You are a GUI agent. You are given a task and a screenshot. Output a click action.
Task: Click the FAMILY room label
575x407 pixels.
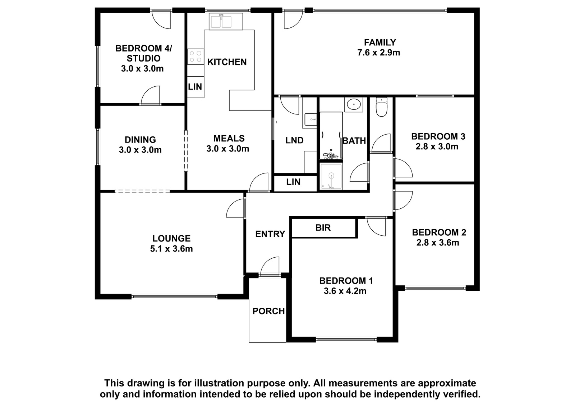(380, 42)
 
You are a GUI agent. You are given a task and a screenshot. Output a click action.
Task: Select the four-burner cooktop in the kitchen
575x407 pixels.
(195, 57)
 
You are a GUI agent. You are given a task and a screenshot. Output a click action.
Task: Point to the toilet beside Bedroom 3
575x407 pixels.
(381, 107)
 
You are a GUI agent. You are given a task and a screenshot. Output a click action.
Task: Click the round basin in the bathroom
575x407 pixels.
(354, 104)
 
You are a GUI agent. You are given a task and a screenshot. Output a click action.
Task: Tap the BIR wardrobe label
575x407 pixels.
(323, 227)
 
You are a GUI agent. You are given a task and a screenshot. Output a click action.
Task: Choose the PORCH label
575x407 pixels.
(268, 311)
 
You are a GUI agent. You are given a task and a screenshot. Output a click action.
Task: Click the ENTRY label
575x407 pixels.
(270, 234)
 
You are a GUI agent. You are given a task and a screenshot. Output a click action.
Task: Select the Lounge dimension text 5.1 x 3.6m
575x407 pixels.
(171, 249)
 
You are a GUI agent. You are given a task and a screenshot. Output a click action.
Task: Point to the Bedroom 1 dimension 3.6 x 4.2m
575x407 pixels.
(345, 291)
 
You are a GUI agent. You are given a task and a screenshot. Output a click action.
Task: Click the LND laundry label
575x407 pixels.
(294, 140)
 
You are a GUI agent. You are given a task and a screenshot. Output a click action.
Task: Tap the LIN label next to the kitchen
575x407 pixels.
(195, 87)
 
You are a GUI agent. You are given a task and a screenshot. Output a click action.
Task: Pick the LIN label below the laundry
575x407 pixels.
(293, 182)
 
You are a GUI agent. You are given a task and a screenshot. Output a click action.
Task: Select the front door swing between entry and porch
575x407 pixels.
(270, 266)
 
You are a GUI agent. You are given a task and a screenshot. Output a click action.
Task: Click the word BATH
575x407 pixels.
(354, 141)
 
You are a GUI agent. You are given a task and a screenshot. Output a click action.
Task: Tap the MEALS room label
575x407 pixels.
(229, 139)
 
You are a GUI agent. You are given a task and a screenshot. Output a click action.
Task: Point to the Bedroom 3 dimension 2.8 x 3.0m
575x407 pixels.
(437, 146)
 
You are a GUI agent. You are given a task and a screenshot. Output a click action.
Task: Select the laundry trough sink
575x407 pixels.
(310, 119)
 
